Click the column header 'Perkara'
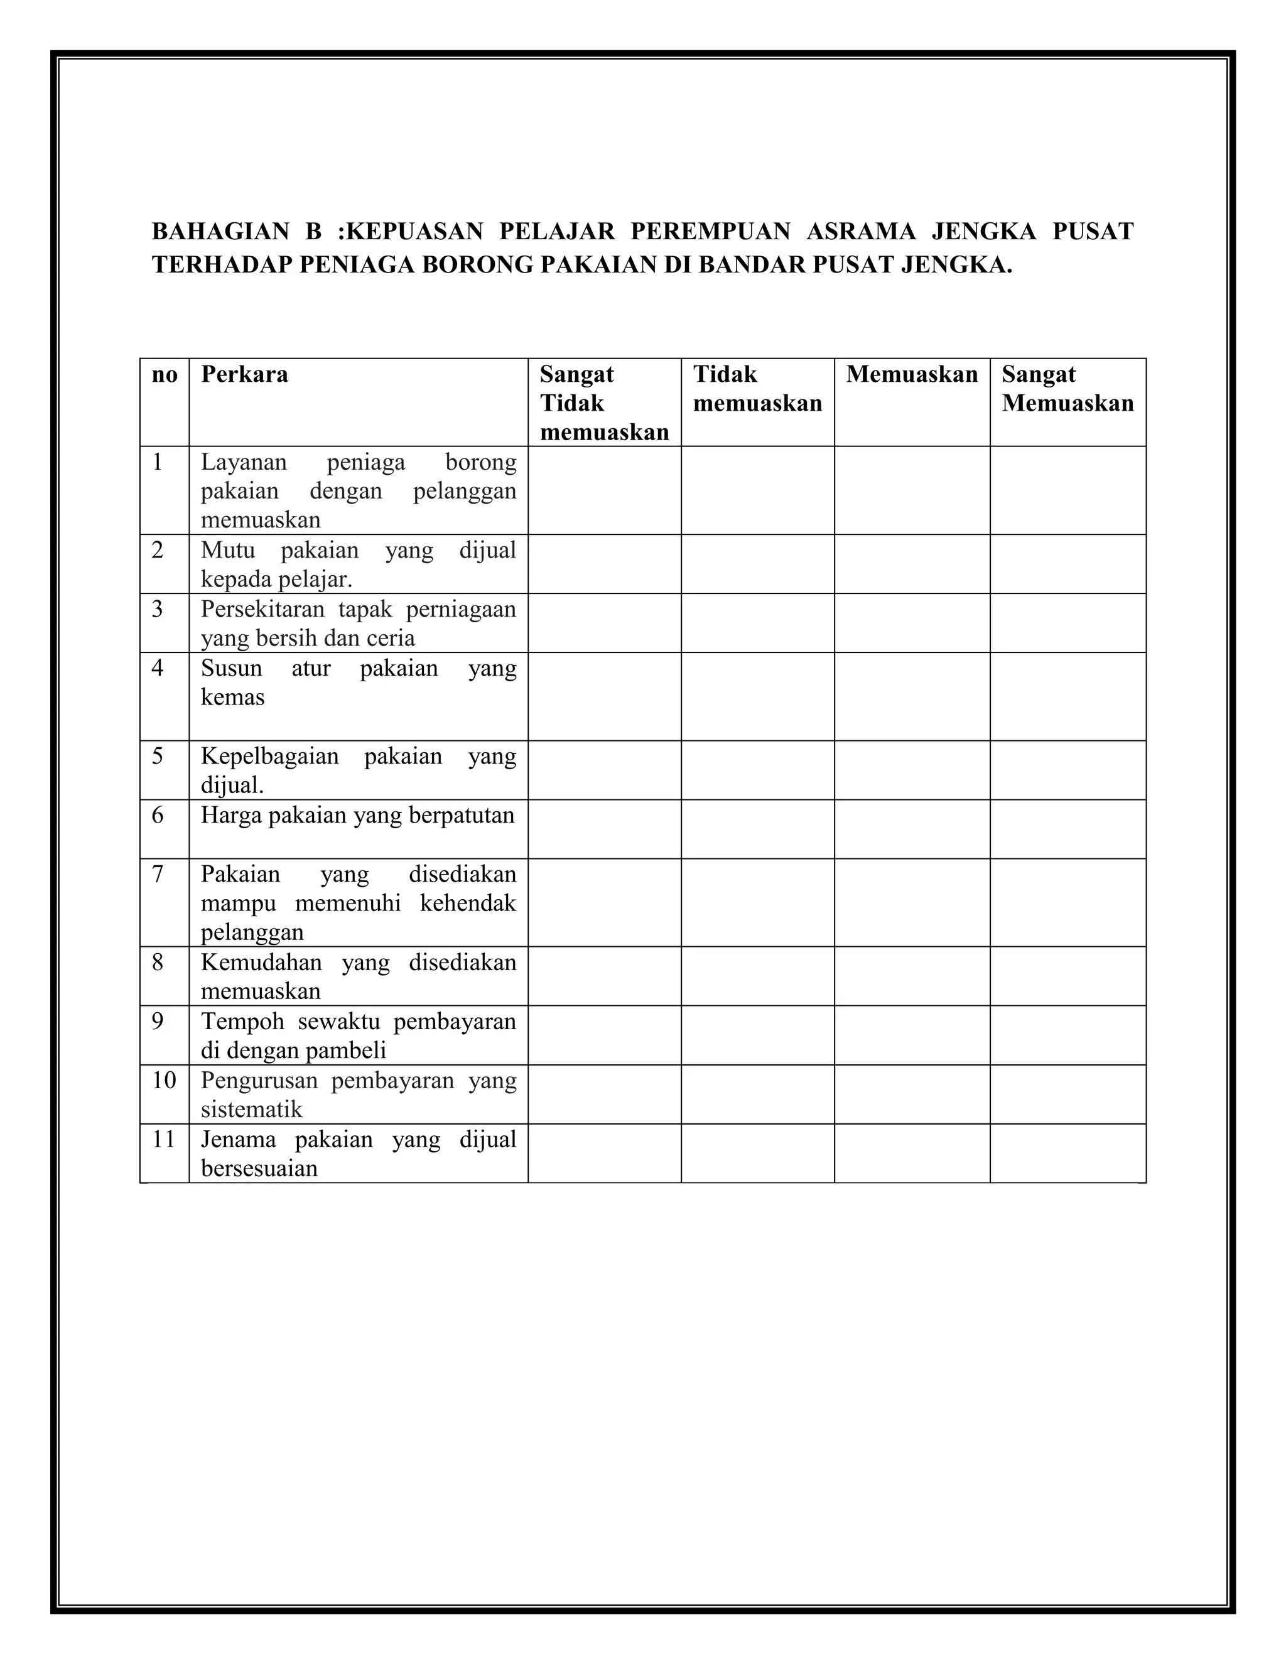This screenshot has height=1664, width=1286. click(244, 374)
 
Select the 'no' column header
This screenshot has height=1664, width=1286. click(165, 374)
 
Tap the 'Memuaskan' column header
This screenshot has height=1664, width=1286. click(911, 374)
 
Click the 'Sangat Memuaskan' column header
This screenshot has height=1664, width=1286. click(1067, 389)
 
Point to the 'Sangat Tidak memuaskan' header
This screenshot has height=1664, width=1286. click(604, 403)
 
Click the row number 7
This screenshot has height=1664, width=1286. click(158, 874)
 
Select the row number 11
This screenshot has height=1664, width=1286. click(164, 1140)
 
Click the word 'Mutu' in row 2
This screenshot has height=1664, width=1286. click(228, 550)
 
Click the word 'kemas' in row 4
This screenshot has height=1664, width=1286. click(232, 697)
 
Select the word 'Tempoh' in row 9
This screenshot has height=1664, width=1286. click(242, 1022)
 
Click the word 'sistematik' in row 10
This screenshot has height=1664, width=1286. click(251, 1110)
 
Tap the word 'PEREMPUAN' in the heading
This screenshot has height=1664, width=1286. click(710, 231)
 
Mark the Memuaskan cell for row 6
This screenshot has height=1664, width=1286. click(911, 829)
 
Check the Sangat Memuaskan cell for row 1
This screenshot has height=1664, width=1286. click(1067, 490)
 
